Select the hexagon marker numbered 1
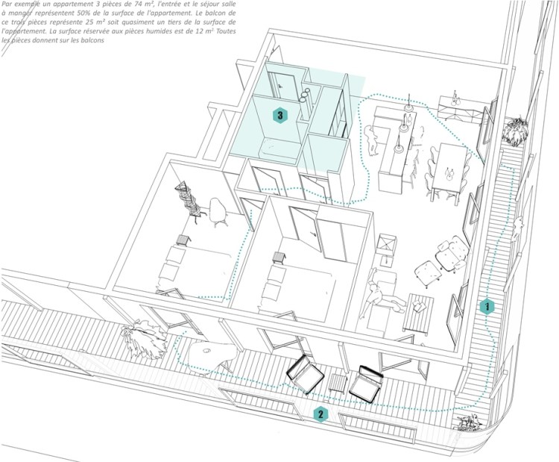[486, 306]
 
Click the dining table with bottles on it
[450, 171]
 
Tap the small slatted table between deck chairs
[338, 384]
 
